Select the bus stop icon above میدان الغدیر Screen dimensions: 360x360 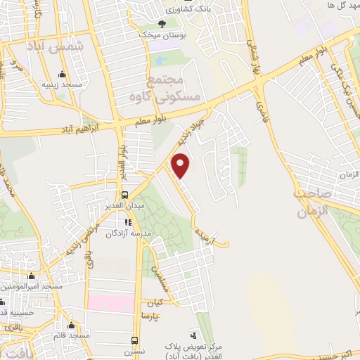[124, 195]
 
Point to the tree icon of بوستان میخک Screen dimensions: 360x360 [162, 23]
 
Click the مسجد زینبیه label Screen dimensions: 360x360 [61, 84]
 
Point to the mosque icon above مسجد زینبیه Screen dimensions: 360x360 [62, 74]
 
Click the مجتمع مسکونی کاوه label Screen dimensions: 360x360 [173, 88]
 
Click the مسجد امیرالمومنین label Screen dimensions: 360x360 [32, 286]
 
